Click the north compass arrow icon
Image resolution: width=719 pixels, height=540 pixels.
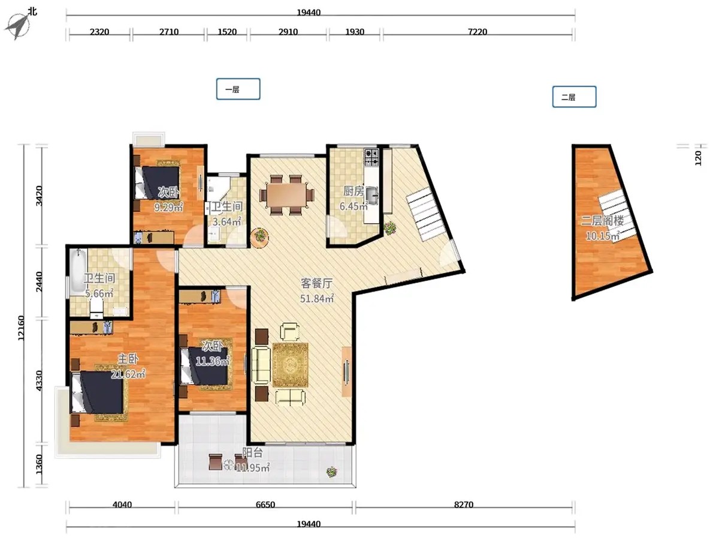pyautogui.click(x=18, y=26)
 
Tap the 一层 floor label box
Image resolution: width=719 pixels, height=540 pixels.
pyautogui.click(x=238, y=89)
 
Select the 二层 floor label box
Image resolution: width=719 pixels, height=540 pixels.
pyautogui.click(x=574, y=97)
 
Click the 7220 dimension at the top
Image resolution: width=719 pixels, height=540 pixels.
pyautogui.click(x=478, y=32)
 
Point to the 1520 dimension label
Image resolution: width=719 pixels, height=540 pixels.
pyautogui.click(x=227, y=32)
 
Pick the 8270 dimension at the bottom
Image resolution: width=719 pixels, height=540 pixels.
pyautogui.click(x=464, y=505)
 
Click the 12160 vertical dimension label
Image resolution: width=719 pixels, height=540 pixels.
pyautogui.click(x=21, y=328)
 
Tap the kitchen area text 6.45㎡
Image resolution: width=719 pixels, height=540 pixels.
pyautogui.click(x=354, y=206)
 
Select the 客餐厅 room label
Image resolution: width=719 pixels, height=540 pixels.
pyautogui.click(x=316, y=283)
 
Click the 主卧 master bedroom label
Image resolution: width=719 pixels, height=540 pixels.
pyautogui.click(x=128, y=359)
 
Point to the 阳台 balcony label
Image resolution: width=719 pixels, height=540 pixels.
pyautogui.click(x=252, y=453)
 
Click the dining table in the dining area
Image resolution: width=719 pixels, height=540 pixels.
pyautogui.click(x=287, y=196)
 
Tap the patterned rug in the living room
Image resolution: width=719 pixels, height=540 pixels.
pyautogui.click(x=290, y=365)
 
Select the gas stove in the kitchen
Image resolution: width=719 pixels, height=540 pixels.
pyautogui.click(x=372, y=157)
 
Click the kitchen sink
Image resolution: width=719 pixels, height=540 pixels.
pyautogui.click(x=372, y=195)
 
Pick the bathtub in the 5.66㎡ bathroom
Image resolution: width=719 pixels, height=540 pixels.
pyautogui.click(x=78, y=271)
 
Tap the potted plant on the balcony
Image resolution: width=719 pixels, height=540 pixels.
pyautogui.click(x=331, y=472)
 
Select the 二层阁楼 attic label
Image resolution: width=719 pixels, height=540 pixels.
pyautogui.click(x=602, y=221)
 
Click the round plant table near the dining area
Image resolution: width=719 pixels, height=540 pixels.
pyautogui.click(x=260, y=238)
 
